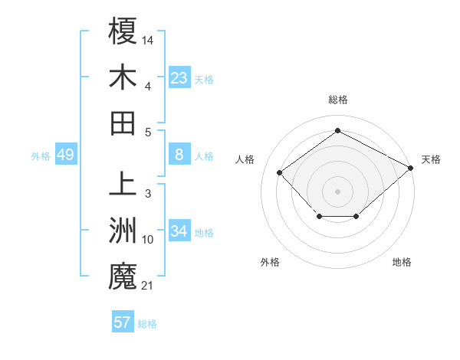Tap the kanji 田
(x=123, y=123)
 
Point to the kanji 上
(x=123, y=185)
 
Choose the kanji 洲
(x=123, y=231)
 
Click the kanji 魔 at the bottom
(x=123, y=277)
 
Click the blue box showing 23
(x=179, y=77)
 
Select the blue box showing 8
(x=179, y=155)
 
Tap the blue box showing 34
(x=179, y=231)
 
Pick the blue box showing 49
(x=65, y=155)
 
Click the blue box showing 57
(x=123, y=322)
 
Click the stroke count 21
(x=149, y=286)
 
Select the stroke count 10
(x=149, y=240)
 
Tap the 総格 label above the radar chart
(x=337, y=100)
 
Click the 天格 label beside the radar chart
(x=432, y=159)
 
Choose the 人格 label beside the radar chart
(x=245, y=159)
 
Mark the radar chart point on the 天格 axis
(x=412, y=167)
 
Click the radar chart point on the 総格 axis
(x=337, y=131)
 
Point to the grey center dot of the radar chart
(x=337, y=191)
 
